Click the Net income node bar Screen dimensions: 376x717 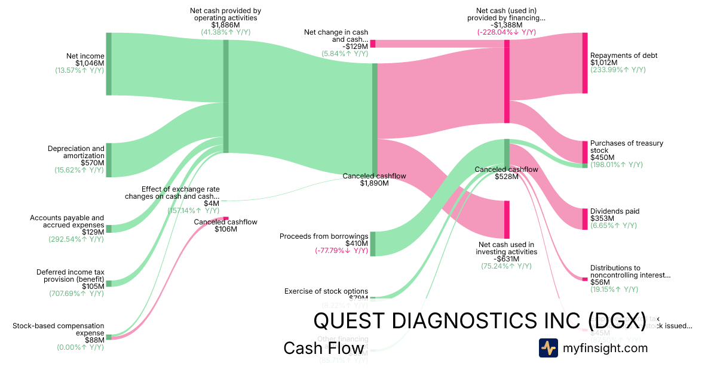pyautogui.click(x=109, y=64)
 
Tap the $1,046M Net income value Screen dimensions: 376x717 pyautogui.click(x=90, y=63)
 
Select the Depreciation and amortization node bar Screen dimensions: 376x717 pyautogui.click(x=109, y=160)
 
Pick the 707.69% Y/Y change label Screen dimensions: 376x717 pyautogui.click(x=76, y=294)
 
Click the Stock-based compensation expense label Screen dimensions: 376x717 pyautogui.click(x=58, y=329)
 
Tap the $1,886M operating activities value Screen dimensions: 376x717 pyautogui.click(x=225, y=25)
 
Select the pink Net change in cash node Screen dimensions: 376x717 pyautogui.click(x=373, y=44)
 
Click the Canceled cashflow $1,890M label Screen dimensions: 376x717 pyautogui.click(x=375, y=180)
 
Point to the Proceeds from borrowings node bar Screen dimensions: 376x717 pyautogui.click(x=373, y=244)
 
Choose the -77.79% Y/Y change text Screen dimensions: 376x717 pyautogui.click(x=341, y=251)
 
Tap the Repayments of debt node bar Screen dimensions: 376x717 pyautogui.click(x=585, y=63)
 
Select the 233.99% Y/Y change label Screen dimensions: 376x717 pyautogui.click(x=618, y=70)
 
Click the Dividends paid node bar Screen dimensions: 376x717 pyautogui.click(x=585, y=219)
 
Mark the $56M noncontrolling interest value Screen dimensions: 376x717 pyautogui.click(x=600, y=282)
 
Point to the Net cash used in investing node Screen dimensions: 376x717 pyautogui.click(x=507, y=220)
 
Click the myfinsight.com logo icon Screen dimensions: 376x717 pyautogui.click(x=549, y=348)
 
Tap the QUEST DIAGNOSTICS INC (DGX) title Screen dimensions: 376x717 pyautogui.click(x=479, y=320)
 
